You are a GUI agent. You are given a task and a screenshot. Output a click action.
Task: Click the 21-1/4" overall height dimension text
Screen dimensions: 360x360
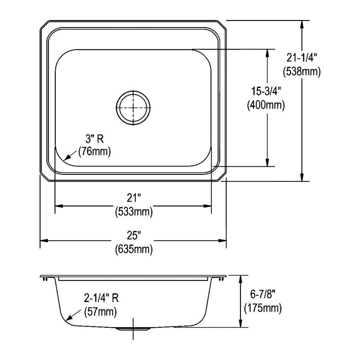pyautogui.click(x=302, y=58)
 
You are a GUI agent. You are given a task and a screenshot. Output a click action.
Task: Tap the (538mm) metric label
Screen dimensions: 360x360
pyautogui.click(x=302, y=72)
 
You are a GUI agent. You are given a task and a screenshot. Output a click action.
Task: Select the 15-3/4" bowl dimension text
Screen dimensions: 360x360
pyautogui.click(x=266, y=91)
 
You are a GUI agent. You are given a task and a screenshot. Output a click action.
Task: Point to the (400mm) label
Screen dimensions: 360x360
pyautogui.click(x=266, y=105)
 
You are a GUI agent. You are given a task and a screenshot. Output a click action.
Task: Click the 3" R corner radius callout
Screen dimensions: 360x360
pyautogui.click(x=94, y=139)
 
